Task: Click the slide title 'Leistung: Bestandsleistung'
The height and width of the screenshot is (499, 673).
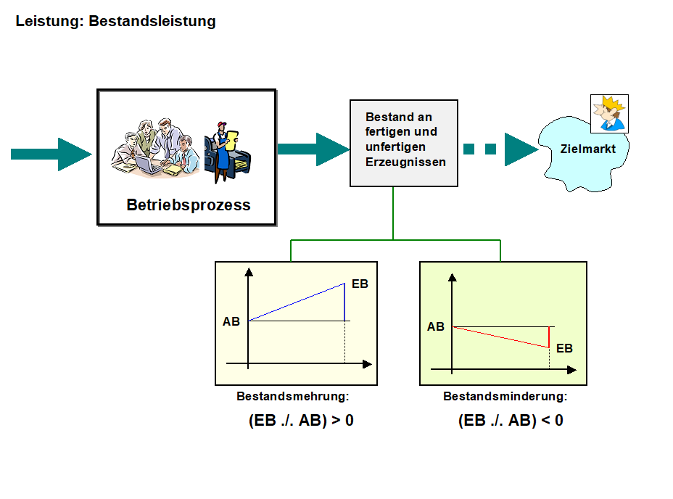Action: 116,21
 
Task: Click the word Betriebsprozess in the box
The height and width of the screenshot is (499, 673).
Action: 189,205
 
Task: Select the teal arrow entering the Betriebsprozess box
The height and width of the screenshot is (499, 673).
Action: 51,154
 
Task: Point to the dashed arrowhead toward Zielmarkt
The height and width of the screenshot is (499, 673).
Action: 521,149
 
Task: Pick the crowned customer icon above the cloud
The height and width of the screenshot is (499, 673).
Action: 609,113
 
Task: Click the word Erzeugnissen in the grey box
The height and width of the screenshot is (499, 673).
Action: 405,162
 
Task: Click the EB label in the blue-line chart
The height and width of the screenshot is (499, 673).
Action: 360,284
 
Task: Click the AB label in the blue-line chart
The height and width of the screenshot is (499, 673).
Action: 231,321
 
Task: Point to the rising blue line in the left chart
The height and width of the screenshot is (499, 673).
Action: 297,302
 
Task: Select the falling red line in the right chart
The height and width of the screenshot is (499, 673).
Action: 500,337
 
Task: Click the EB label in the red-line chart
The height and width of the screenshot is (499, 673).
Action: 564,348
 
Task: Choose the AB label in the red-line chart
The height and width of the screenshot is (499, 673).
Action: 436,327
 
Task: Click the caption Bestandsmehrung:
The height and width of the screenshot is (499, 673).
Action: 293,397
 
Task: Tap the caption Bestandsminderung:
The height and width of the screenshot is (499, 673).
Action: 505,397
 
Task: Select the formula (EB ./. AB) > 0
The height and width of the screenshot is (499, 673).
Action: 301,420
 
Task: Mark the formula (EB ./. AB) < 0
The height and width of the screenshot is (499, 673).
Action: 511,420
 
